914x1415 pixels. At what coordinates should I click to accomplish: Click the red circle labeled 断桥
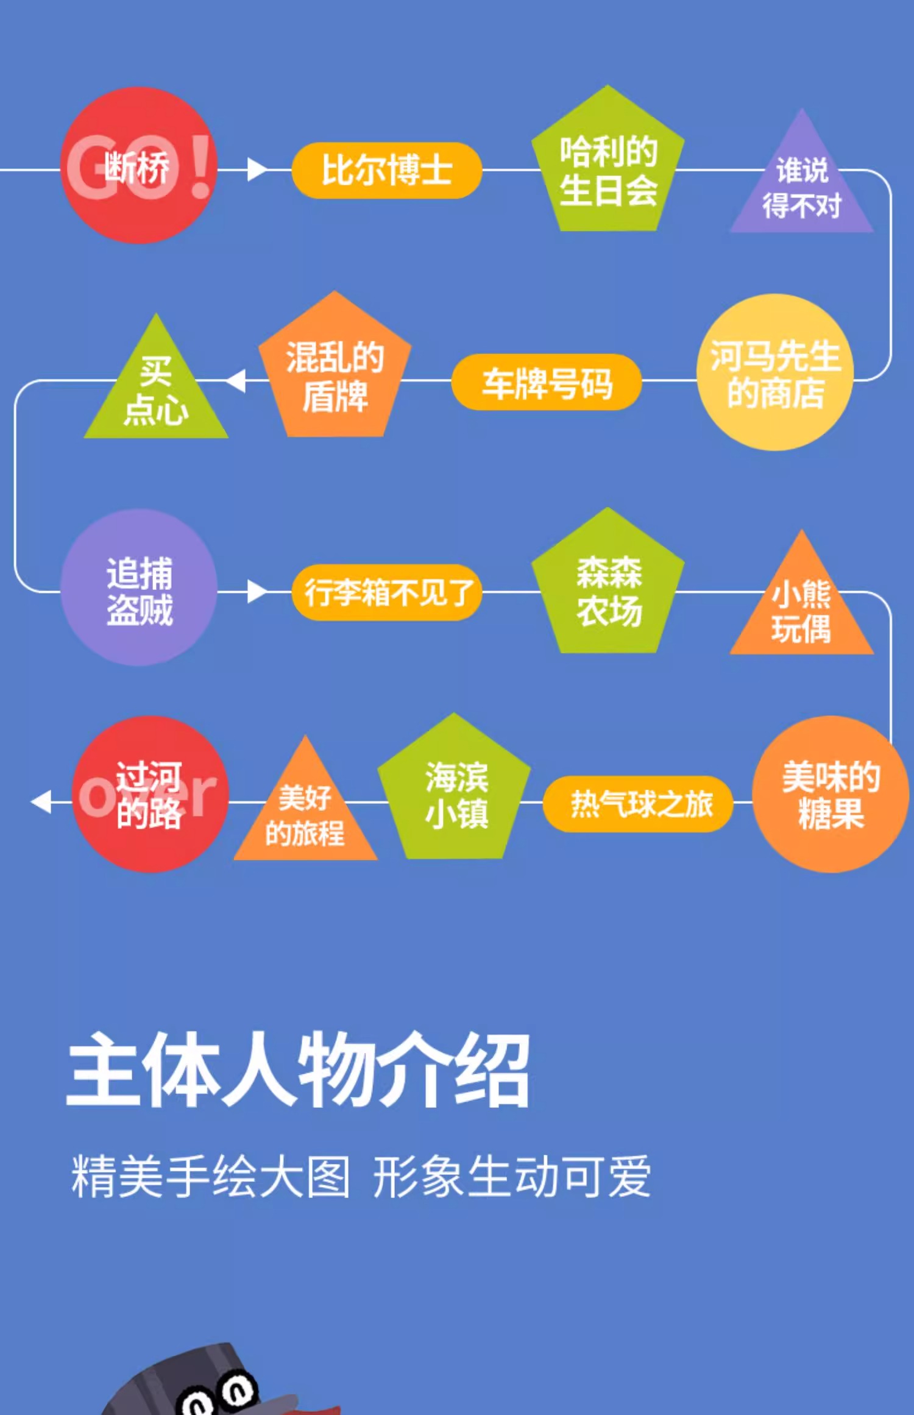tap(139, 166)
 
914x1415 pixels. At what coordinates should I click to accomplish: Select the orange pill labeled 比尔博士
tap(387, 170)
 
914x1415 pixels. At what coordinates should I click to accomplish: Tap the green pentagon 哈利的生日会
tap(608, 168)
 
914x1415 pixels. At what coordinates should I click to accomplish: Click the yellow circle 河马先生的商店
tap(775, 373)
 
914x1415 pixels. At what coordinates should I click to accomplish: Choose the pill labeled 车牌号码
tap(547, 383)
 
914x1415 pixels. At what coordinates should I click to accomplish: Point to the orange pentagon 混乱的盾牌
tap(335, 373)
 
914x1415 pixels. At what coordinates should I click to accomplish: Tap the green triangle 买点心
tap(156, 393)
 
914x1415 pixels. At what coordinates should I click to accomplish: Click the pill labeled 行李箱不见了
tap(387, 592)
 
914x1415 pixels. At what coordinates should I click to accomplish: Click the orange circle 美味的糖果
tap(831, 794)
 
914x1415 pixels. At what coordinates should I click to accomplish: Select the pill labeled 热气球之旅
tap(638, 804)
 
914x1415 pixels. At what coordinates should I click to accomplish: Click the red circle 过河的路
tap(150, 794)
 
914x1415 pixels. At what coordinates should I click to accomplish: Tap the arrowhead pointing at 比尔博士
tap(257, 169)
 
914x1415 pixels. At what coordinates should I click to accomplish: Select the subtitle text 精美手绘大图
tap(211, 1176)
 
